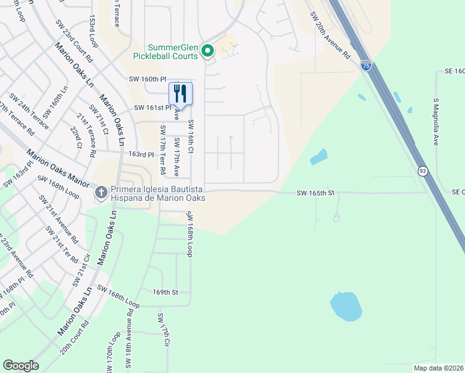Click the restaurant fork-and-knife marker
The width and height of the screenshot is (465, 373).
[x=180, y=93]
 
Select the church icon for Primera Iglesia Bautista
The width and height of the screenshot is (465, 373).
[x=101, y=193]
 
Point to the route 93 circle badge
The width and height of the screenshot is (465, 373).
[x=422, y=171]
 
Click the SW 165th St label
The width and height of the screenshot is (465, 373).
[x=316, y=193]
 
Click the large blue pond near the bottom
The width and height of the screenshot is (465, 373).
[x=346, y=306]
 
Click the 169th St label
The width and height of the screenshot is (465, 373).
[x=165, y=292]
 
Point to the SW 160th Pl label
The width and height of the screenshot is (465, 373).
[x=148, y=79]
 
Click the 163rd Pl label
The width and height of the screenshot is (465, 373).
[x=140, y=154]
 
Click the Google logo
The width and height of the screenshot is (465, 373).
[x=21, y=366]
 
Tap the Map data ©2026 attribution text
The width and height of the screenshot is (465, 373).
[x=438, y=368]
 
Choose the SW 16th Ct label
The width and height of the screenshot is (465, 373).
[x=191, y=137]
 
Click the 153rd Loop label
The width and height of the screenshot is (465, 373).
[x=94, y=32]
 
